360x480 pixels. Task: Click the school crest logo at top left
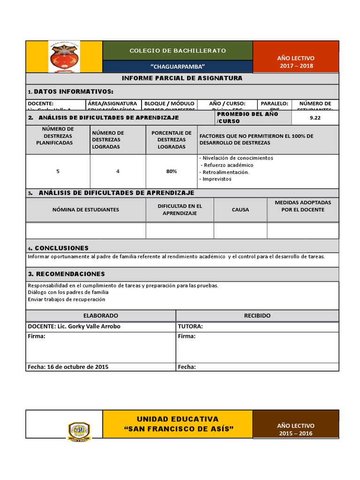click(64, 57)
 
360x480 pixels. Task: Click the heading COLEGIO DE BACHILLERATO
click(178, 50)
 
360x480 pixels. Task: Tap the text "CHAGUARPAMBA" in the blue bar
click(178, 67)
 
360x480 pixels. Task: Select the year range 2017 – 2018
click(296, 66)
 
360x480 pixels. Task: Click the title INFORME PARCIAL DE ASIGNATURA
click(182, 78)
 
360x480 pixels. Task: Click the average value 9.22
click(315, 118)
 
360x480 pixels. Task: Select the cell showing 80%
click(172, 172)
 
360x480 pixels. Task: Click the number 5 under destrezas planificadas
click(58, 172)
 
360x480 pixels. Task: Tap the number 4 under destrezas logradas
click(118, 172)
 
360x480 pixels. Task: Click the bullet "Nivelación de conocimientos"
click(236, 158)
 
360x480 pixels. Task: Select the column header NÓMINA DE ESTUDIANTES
click(85, 210)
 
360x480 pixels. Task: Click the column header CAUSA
click(240, 210)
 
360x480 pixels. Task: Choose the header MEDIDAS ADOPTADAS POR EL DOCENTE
click(303, 206)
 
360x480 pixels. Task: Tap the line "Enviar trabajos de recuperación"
click(67, 299)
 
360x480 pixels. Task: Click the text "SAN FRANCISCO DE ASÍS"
click(178, 429)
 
